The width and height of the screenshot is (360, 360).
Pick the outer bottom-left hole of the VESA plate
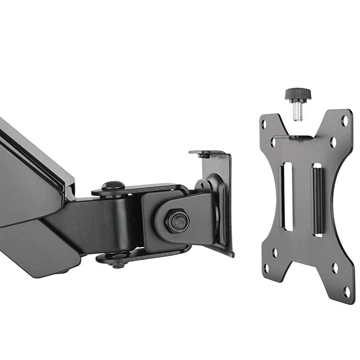point(266,269)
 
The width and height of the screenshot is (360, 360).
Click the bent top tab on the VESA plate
point(295,136)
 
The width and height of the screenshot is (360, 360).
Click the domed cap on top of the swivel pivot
point(112,185)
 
